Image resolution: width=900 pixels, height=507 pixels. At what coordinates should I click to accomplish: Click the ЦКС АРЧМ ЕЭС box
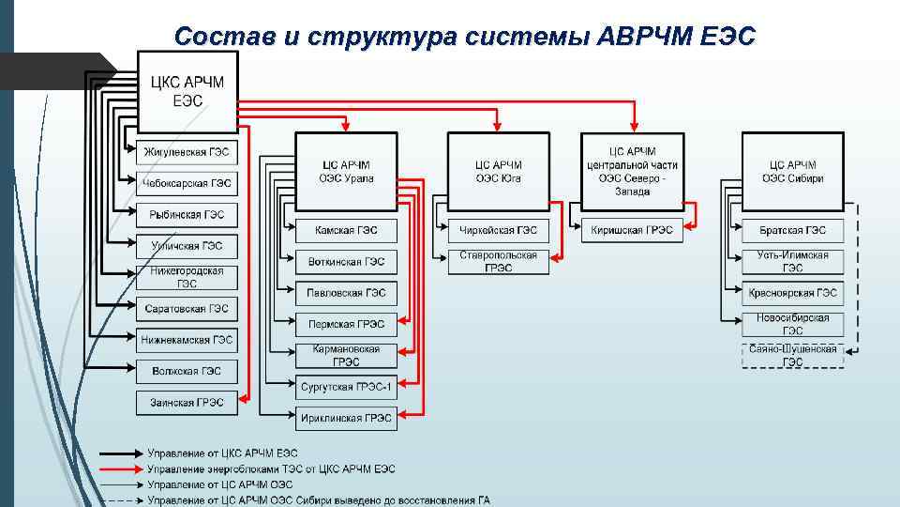tap(187, 90)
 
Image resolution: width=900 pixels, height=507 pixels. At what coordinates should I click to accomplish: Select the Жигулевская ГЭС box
tap(187, 152)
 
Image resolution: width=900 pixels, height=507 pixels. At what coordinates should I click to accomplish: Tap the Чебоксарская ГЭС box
tap(187, 183)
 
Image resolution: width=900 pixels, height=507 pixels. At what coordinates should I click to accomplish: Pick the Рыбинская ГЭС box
tap(187, 215)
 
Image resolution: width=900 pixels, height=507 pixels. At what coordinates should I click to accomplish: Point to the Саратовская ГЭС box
tap(187, 308)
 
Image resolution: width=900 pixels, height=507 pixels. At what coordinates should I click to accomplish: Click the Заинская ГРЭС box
tap(187, 402)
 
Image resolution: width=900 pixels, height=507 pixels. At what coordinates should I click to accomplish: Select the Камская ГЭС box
tap(346, 230)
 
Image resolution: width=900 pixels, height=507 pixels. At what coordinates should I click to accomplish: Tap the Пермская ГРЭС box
tap(346, 324)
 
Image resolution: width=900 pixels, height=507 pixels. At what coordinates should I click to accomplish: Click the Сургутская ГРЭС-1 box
tap(346, 387)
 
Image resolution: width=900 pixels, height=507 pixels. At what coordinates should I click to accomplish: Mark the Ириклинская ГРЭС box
tap(346, 418)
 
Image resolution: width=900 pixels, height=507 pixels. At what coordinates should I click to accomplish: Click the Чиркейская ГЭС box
tap(499, 230)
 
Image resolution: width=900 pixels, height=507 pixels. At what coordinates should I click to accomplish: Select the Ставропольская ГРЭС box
tap(499, 261)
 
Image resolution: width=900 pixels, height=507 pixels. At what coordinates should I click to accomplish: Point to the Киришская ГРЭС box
tap(633, 230)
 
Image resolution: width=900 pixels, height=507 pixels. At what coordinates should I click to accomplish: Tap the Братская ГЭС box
tap(792, 230)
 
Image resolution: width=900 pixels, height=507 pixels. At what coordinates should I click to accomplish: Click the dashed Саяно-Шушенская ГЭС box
tap(792, 355)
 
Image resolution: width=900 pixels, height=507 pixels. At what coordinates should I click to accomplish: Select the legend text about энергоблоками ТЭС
tap(272, 469)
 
